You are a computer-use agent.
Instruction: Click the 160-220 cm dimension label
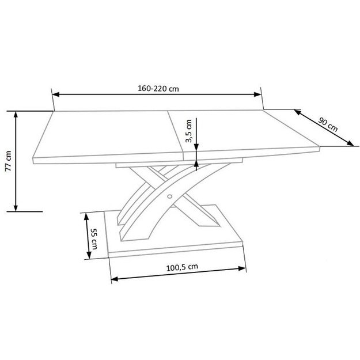click(157, 89)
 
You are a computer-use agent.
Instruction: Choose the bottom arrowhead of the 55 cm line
click(89, 257)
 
